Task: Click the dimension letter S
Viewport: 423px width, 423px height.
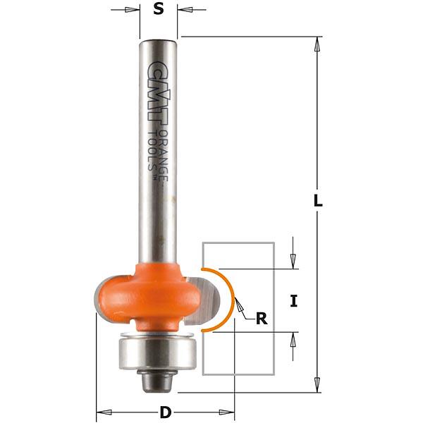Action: click(x=159, y=9)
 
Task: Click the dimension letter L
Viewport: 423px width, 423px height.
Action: click(x=318, y=201)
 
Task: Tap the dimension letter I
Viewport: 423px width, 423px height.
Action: click(x=294, y=301)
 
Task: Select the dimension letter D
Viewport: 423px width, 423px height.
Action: click(x=166, y=412)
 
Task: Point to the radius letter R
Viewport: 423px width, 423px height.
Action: click(x=262, y=319)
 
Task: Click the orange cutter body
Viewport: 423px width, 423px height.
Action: click(x=148, y=297)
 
